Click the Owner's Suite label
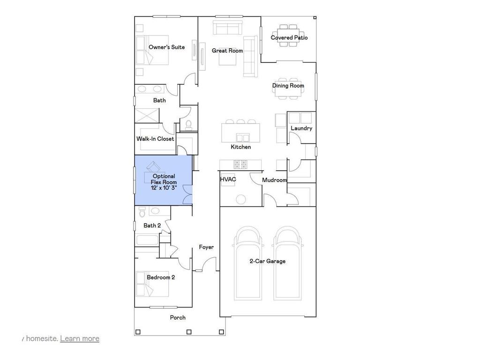(166, 47)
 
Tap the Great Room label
(227, 51)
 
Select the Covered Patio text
(289, 37)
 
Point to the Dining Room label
(288, 86)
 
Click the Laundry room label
(301, 128)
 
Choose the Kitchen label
(240, 147)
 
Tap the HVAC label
(228, 180)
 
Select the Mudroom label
(274, 180)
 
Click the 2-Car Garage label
(267, 261)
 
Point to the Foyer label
(206, 247)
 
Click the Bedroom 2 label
(161, 277)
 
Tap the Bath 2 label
(152, 225)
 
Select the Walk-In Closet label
(155, 139)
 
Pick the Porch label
(178, 318)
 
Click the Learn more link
(80, 338)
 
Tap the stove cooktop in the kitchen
(241, 164)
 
